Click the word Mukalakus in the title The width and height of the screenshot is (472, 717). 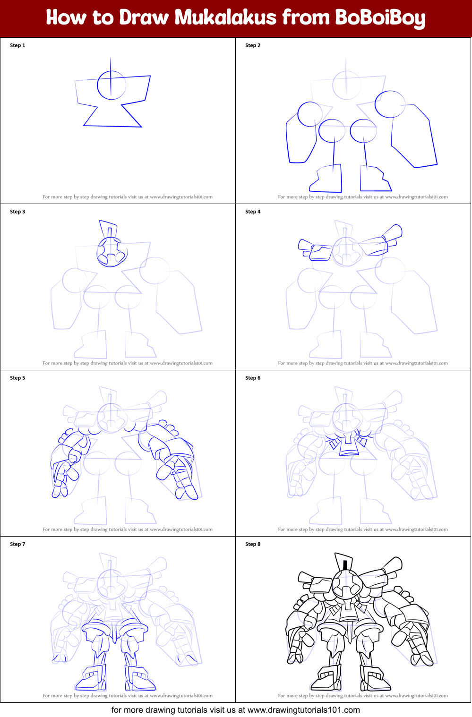225,17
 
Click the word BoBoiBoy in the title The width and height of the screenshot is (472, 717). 380,18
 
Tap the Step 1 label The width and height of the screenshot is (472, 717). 17,45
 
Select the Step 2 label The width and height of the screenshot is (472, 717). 253,45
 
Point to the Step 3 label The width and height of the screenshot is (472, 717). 17,212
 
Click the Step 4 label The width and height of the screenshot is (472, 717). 253,212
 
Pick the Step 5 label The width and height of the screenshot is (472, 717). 17,378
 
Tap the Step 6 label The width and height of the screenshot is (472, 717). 253,378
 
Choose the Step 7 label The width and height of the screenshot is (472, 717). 17,544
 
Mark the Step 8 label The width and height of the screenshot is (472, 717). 253,544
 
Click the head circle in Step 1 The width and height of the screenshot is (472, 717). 112,85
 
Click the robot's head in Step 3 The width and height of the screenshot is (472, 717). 112,252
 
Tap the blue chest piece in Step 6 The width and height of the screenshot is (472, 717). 349,445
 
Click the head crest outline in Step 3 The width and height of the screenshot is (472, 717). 108,228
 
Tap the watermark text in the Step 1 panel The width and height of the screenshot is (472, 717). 128,197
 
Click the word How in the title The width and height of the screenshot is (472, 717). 66,17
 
